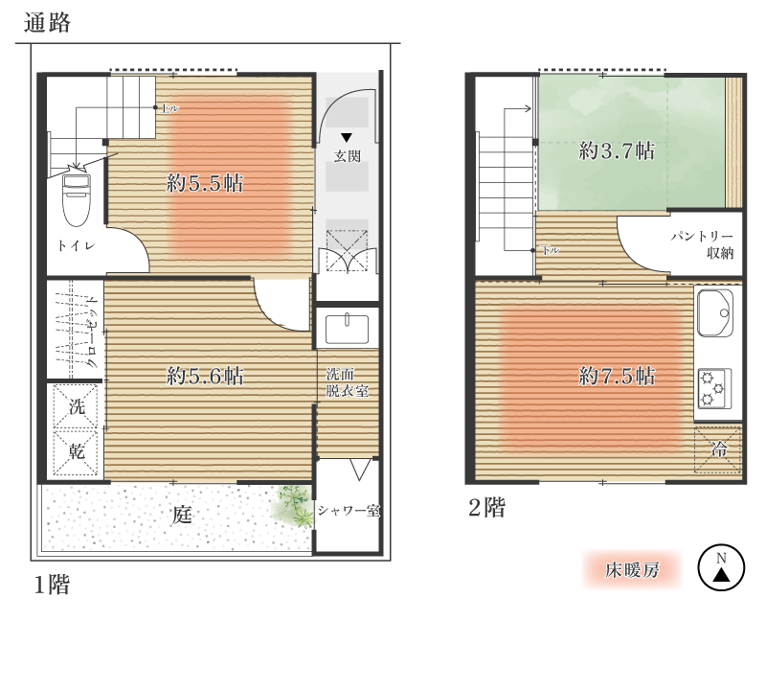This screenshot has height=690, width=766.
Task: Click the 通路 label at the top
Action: pyautogui.click(x=47, y=23)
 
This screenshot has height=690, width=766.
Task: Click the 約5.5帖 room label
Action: pyautogui.click(x=205, y=183)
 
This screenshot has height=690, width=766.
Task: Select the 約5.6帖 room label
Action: pyautogui.click(x=205, y=376)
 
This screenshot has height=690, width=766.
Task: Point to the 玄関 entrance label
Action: pyautogui.click(x=348, y=156)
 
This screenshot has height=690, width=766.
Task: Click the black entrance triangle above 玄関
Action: pyautogui.click(x=347, y=137)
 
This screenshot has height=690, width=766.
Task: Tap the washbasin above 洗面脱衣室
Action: pyautogui.click(x=348, y=329)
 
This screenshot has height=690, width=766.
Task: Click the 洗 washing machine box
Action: pyautogui.click(x=76, y=407)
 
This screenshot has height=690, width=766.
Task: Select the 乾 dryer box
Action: pyautogui.click(x=76, y=451)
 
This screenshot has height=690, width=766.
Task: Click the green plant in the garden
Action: pyautogui.click(x=293, y=507)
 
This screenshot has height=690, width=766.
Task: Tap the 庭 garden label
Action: pyautogui.click(x=182, y=515)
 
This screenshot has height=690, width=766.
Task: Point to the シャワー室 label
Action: pyautogui.click(x=349, y=511)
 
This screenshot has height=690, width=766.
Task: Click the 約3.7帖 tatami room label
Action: pyautogui.click(x=617, y=150)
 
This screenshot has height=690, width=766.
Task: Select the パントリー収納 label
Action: pyautogui.click(x=702, y=244)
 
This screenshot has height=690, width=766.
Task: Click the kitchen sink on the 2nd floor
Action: pyautogui.click(x=715, y=313)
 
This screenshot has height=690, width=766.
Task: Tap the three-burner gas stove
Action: pyautogui.click(x=714, y=389)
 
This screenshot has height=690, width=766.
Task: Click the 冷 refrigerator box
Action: pyautogui.click(x=718, y=449)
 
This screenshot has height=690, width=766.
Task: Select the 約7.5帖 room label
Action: pyautogui.click(x=617, y=376)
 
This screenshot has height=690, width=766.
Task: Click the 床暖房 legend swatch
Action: pyautogui.click(x=632, y=569)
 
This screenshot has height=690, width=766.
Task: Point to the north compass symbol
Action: pyautogui.click(x=721, y=567)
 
